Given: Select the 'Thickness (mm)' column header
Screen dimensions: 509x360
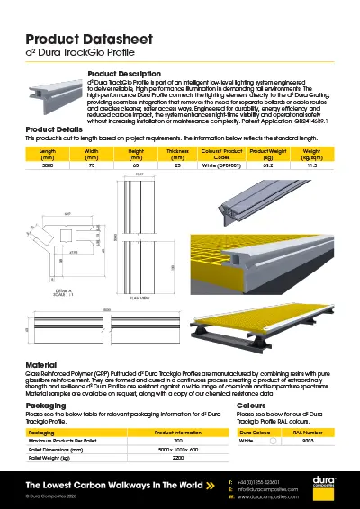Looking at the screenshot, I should tap(177, 154).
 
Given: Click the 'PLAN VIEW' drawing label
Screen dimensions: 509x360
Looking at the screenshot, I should tap(139, 295).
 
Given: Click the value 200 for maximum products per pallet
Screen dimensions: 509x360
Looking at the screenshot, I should tap(177, 441).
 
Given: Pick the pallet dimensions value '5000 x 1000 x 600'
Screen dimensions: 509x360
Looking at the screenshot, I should tap(177, 449).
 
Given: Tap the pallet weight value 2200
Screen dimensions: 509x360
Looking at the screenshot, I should tap(177, 457).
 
